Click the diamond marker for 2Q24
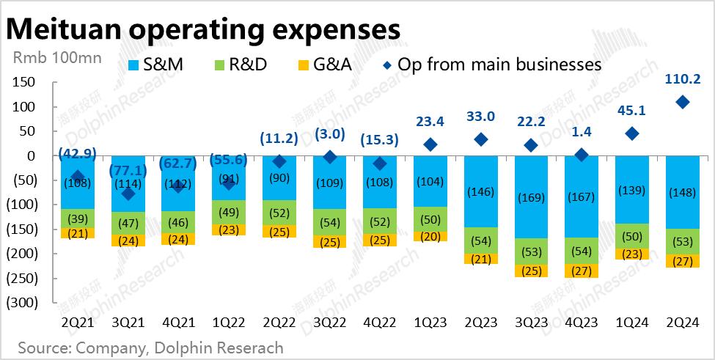click(x=683, y=103)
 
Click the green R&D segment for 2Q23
click(x=480, y=240)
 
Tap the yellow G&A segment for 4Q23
click(x=582, y=271)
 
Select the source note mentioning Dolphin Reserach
click(x=150, y=346)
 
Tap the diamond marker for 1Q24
click(x=632, y=134)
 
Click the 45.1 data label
click(x=632, y=110)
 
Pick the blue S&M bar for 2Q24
click(x=683, y=192)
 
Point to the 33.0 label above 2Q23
click(x=480, y=115)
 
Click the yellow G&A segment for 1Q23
click(x=430, y=236)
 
